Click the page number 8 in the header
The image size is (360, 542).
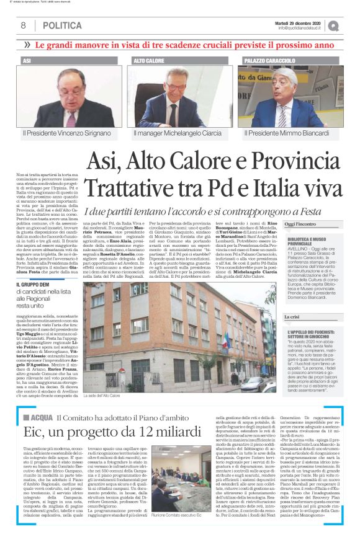click(x=23, y=25)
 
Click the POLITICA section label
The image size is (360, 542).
click(x=62, y=25)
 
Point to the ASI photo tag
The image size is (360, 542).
click(x=27, y=61)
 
